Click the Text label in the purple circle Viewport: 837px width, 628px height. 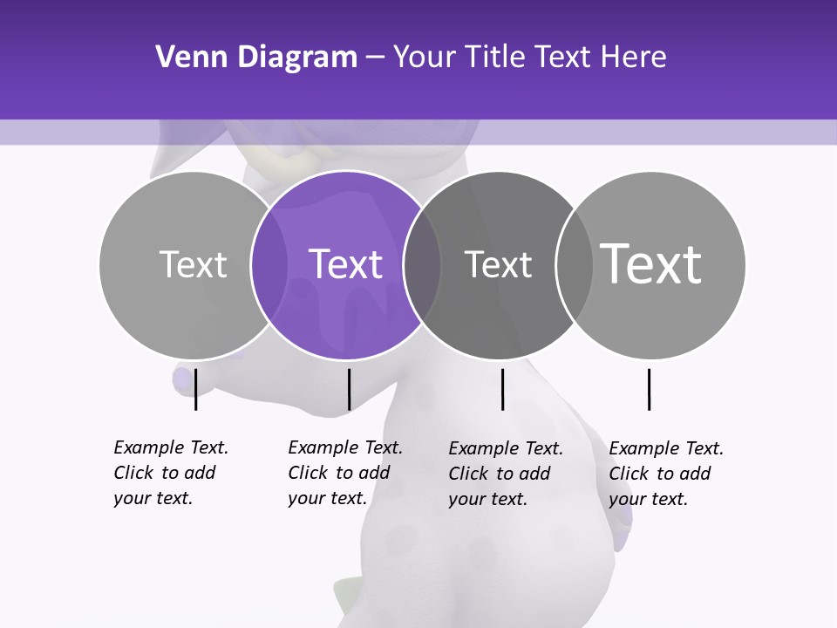click(346, 264)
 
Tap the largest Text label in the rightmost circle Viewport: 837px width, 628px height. click(651, 263)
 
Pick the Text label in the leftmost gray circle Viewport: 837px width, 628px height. click(193, 264)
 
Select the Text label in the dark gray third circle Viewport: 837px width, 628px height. click(498, 264)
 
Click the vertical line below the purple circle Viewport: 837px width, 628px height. click(349, 389)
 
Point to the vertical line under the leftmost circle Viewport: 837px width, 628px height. click(195, 389)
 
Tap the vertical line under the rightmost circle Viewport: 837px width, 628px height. click(649, 389)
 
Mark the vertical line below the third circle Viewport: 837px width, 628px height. click(502, 389)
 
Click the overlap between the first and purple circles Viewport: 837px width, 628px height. click(269, 265)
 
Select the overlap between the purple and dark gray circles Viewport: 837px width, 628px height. click(422, 265)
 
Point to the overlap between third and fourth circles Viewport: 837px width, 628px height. click(574, 265)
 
